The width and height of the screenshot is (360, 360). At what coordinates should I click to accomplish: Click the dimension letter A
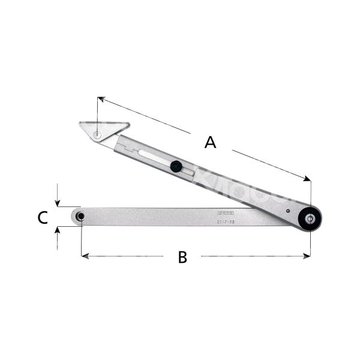pyautogui.click(x=209, y=142)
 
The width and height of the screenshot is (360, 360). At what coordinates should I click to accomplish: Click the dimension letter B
pyautogui.click(x=182, y=257)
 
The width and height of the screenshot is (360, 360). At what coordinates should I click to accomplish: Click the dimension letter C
pyautogui.click(x=43, y=217)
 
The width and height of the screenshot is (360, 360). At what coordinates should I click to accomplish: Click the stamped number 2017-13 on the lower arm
pyautogui.click(x=226, y=221)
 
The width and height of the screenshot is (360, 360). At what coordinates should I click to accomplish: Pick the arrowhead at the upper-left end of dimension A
pyautogui.click(x=100, y=98)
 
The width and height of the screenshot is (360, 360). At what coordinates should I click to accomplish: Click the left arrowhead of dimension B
pyautogui.click(x=84, y=256)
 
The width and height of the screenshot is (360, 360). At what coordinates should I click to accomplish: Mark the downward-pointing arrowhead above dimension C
pyautogui.click(x=57, y=203)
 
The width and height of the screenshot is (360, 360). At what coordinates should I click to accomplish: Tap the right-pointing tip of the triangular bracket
pyautogui.click(x=128, y=124)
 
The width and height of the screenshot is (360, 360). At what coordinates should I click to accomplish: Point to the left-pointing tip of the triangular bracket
pyautogui.click(x=79, y=124)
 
